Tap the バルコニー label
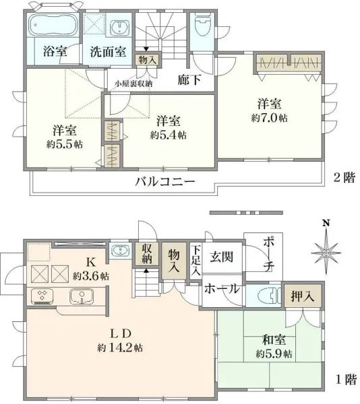tap(164, 182)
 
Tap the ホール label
tap(221, 289)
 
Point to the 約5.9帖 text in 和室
tap(273, 353)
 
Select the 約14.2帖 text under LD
tap(119, 348)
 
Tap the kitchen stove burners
tap(43, 295)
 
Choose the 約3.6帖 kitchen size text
tap(91, 276)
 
